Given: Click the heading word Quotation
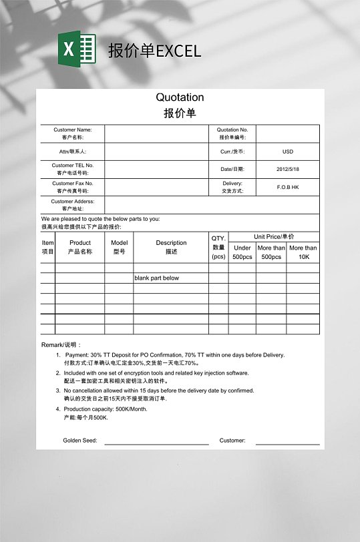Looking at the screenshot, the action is coord(180,97).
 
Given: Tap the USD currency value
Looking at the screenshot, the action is coord(288,152).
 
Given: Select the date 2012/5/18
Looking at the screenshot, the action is coord(288,170).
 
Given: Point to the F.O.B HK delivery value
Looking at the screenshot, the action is coord(288,187).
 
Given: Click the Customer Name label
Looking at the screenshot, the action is coord(73,133).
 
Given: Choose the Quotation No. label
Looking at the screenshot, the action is coord(232,133).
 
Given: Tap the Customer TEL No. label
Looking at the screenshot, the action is coord(73,169).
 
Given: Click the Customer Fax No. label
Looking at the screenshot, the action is coord(73,187).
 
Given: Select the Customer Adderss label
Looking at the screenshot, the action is coord(73,205).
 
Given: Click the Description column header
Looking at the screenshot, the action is coord(171,247).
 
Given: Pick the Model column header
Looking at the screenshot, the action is coord(119,247).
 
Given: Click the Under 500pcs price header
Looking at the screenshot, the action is coord(242,252).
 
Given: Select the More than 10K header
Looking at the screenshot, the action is coord(303,252).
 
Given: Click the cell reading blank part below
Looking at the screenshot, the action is coord(156,278).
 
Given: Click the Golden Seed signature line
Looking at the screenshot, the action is coord(156,443).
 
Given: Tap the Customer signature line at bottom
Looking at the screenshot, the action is coord(287,443).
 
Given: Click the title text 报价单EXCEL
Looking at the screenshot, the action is coord(154,51).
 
